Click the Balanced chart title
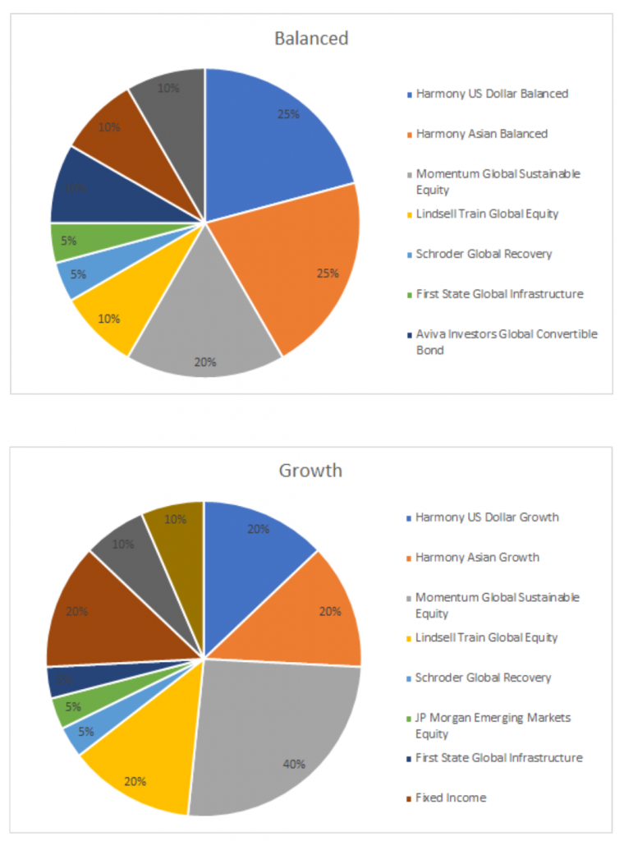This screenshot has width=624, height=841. click(x=311, y=39)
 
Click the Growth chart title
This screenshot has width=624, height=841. click(x=310, y=471)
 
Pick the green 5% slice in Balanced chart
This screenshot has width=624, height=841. click(x=70, y=241)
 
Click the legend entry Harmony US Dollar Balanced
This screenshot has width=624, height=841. click(x=491, y=94)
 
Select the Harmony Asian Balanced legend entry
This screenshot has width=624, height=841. click(x=481, y=134)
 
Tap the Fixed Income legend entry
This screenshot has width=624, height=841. click(x=451, y=797)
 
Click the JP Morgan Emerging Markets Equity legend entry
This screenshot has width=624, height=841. click(x=493, y=725)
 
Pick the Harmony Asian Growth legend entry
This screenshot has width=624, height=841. click(x=477, y=558)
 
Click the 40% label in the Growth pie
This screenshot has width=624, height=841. click(x=294, y=764)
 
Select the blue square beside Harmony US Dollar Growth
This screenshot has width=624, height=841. click(x=409, y=518)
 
